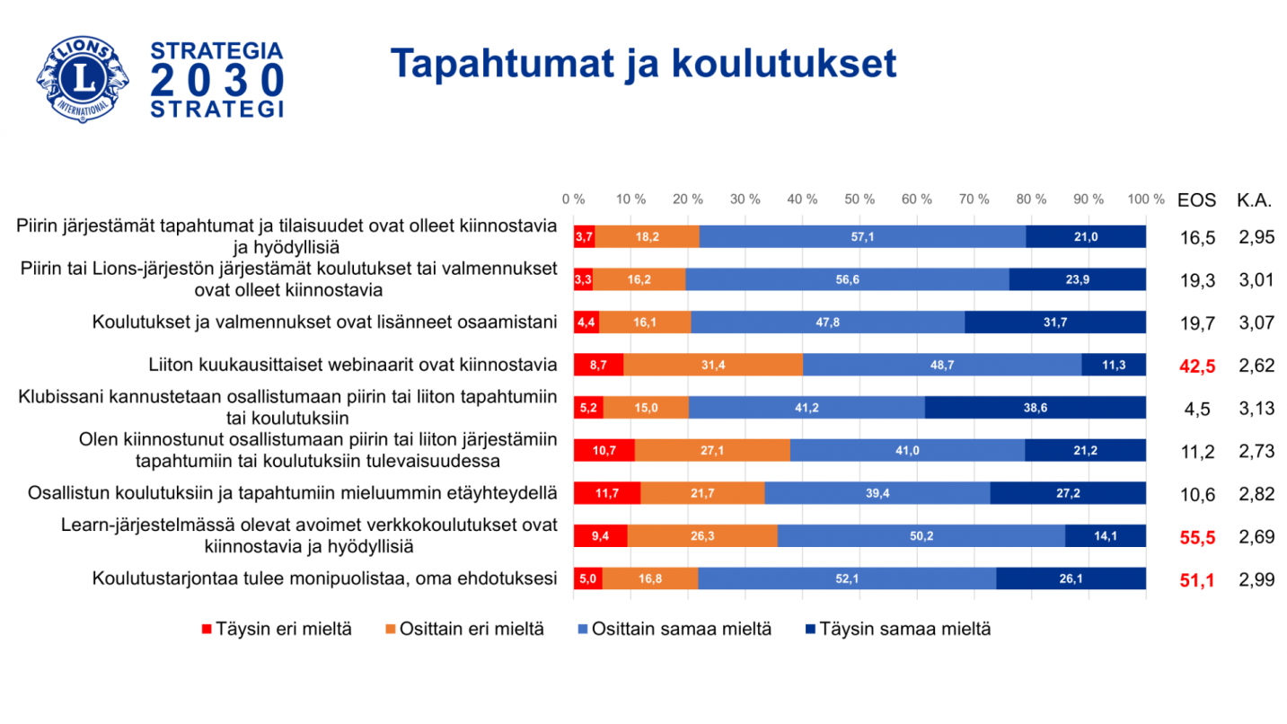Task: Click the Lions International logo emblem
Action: coord(83,80)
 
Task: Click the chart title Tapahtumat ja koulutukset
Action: coord(643,65)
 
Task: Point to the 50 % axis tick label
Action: coord(859,199)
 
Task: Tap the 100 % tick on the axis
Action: coord(1144,199)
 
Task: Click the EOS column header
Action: coord(1196,200)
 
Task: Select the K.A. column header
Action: coord(1255,200)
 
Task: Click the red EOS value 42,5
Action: coord(1196,366)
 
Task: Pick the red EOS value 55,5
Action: coord(1196,537)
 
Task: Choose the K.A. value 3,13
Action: coord(1256,409)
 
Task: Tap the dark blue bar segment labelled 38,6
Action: coord(1035,408)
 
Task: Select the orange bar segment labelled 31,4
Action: coord(713,365)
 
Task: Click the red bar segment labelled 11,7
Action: coord(607,493)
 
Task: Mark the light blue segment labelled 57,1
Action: coord(862,236)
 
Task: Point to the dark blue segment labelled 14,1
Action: coord(1105,536)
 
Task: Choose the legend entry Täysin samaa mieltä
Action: coord(899,629)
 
